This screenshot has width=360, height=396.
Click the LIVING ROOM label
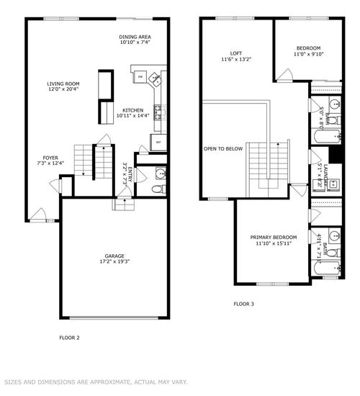click(63, 84)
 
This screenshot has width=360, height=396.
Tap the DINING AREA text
click(135, 36)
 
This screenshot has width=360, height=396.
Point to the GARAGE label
click(114, 256)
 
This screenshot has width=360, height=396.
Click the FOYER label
click(50, 157)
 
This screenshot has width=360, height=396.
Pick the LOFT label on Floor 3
click(235, 53)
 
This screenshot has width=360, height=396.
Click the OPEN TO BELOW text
click(222, 148)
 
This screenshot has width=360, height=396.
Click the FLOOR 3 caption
click(243, 304)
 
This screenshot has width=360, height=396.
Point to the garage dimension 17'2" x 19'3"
click(114, 262)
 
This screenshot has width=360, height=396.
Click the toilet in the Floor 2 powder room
click(158, 189)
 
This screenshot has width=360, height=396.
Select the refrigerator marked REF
click(158, 143)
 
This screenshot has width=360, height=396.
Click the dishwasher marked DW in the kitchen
click(140, 76)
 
